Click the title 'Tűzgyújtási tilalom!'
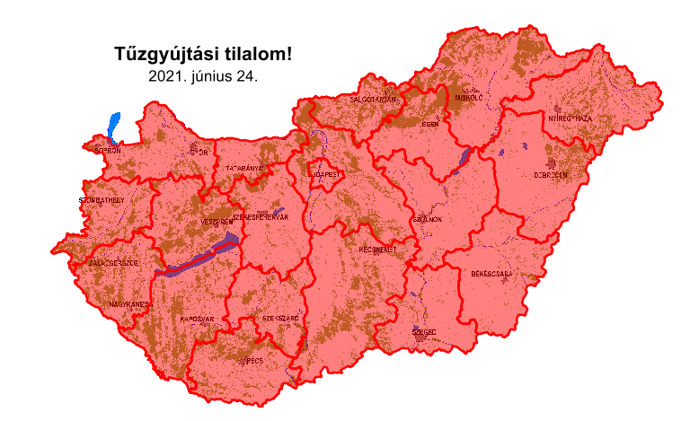(x=203, y=54)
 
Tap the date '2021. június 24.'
(x=203, y=76)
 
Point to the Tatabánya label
(x=243, y=168)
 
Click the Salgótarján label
(x=373, y=100)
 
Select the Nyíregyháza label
(x=571, y=118)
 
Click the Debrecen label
(x=551, y=175)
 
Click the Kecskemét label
(x=377, y=249)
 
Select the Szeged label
(x=424, y=331)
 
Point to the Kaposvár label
(x=197, y=319)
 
